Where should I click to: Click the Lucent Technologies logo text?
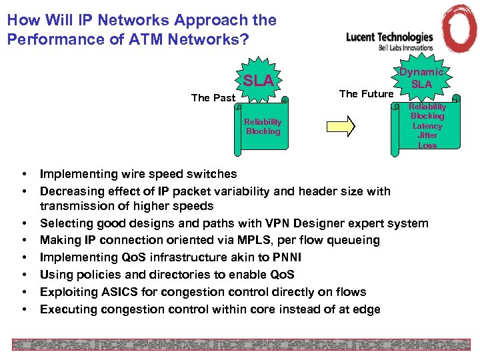389,37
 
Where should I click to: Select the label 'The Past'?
213,98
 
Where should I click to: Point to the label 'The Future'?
366,94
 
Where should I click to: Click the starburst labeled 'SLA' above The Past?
258,81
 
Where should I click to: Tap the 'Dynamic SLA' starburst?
421,78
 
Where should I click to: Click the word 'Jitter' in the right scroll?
427,135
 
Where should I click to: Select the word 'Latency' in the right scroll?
427,126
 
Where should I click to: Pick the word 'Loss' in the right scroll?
427,145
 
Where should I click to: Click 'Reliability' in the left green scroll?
263,122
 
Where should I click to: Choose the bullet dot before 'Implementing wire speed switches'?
24,175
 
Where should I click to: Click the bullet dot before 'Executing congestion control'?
24,309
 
